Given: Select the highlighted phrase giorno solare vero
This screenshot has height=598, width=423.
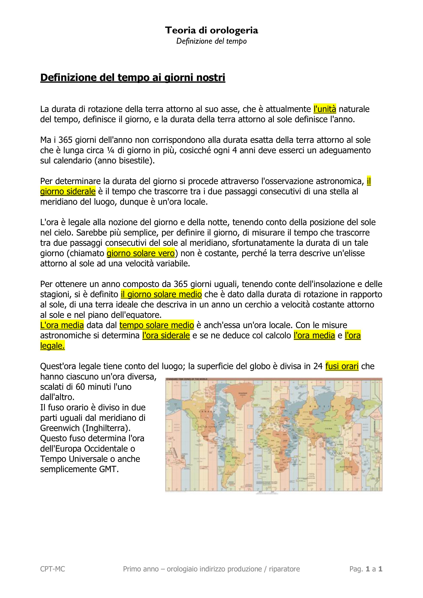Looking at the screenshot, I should (140, 253).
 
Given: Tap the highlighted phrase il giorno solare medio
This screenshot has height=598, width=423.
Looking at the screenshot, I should (161, 294).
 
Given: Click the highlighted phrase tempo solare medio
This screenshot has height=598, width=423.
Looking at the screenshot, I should (157, 325).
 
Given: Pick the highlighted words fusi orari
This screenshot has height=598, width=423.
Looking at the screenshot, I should (342, 366).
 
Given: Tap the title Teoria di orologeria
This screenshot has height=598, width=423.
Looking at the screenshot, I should (211, 31).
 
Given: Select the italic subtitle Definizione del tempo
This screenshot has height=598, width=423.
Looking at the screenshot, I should (211, 41).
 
